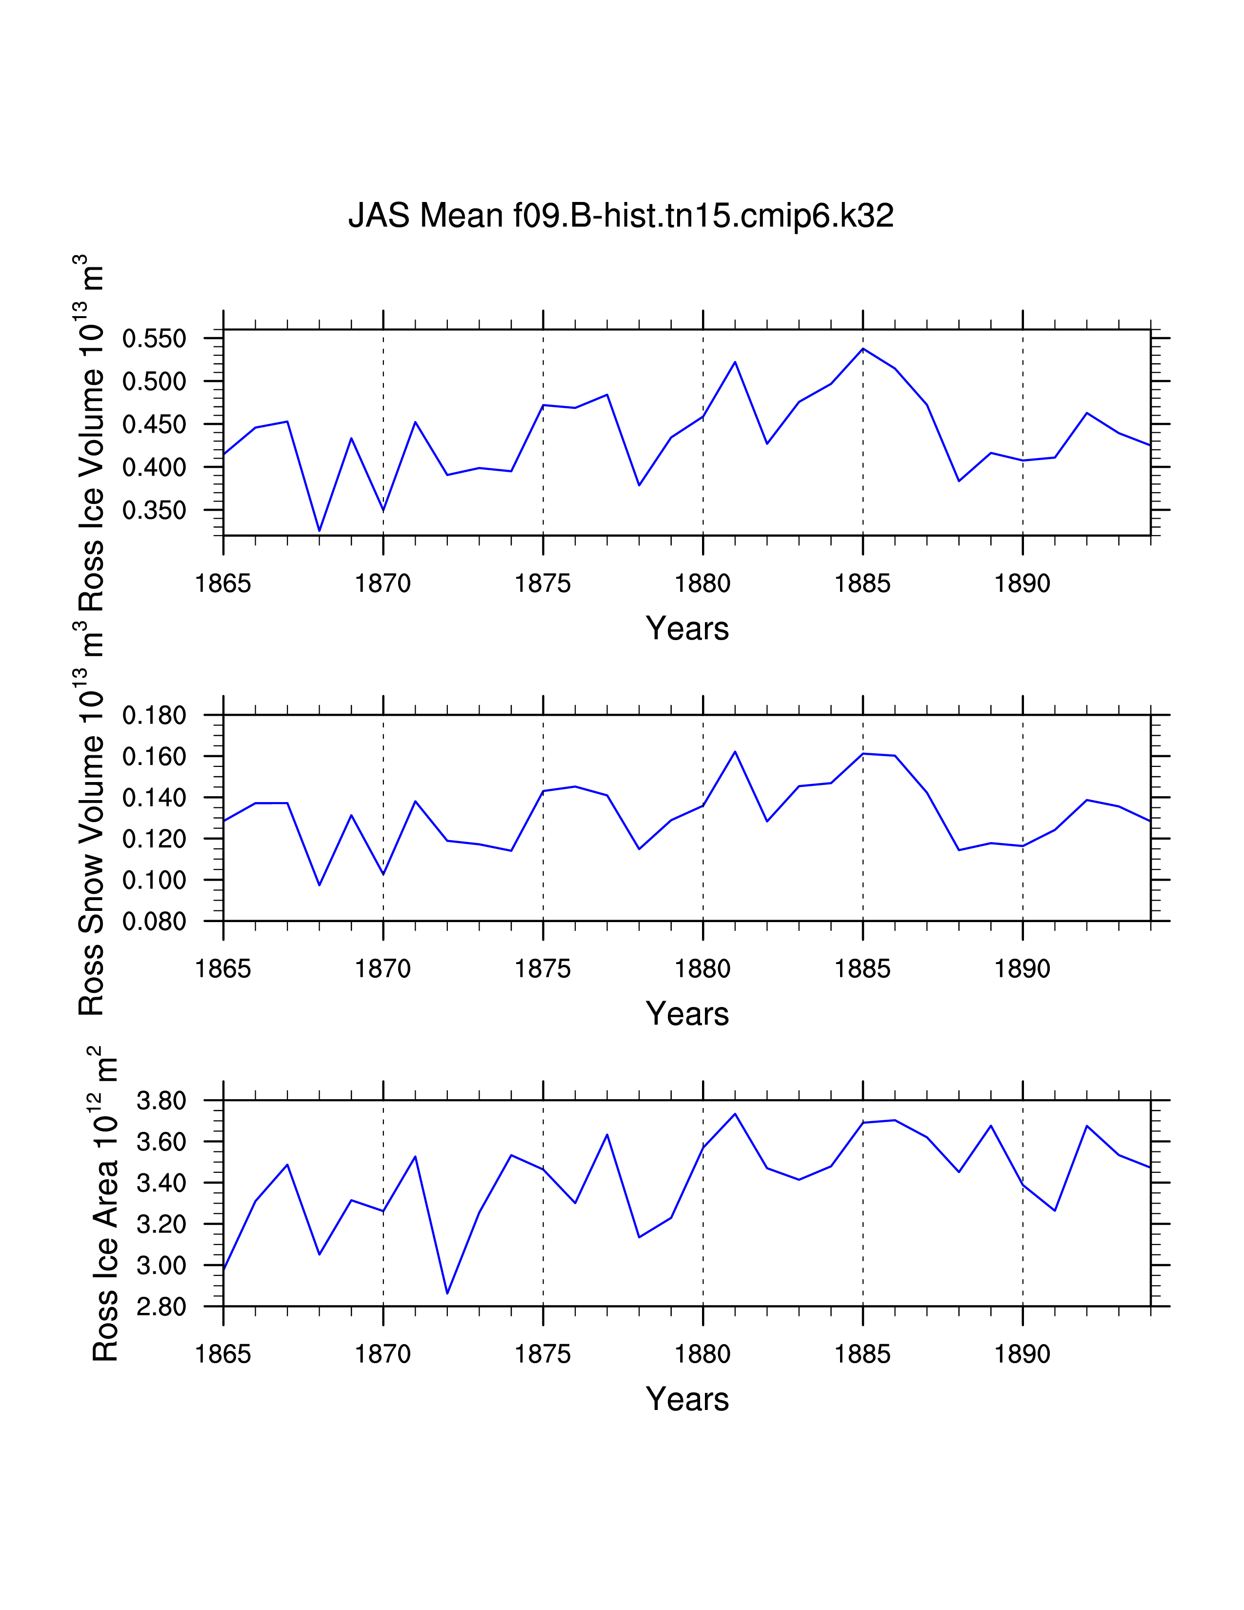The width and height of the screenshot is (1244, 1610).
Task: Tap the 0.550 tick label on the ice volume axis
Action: point(154,339)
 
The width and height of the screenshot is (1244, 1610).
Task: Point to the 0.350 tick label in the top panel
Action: point(154,510)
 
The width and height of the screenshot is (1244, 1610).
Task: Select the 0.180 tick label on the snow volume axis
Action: point(154,715)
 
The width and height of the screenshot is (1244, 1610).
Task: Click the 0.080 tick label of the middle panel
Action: point(154,922)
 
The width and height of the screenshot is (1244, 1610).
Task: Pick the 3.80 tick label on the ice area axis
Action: point(161,1101)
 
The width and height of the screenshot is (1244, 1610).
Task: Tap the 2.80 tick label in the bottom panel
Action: point(161,1307)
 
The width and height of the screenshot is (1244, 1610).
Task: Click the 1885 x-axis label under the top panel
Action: point(862,584)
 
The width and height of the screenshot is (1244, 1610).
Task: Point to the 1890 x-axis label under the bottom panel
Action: point(1022,1354)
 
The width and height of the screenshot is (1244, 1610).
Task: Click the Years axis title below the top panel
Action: point(687,629)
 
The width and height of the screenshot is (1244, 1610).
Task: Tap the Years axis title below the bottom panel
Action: point(687,1399)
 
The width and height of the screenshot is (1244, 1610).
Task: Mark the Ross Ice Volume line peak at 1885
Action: point(863,349)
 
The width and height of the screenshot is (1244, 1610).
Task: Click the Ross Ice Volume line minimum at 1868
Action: point(319,530)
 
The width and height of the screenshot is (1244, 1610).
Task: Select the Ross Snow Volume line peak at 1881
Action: point(735,752)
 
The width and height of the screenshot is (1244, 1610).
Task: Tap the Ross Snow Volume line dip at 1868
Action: point(319,885)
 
